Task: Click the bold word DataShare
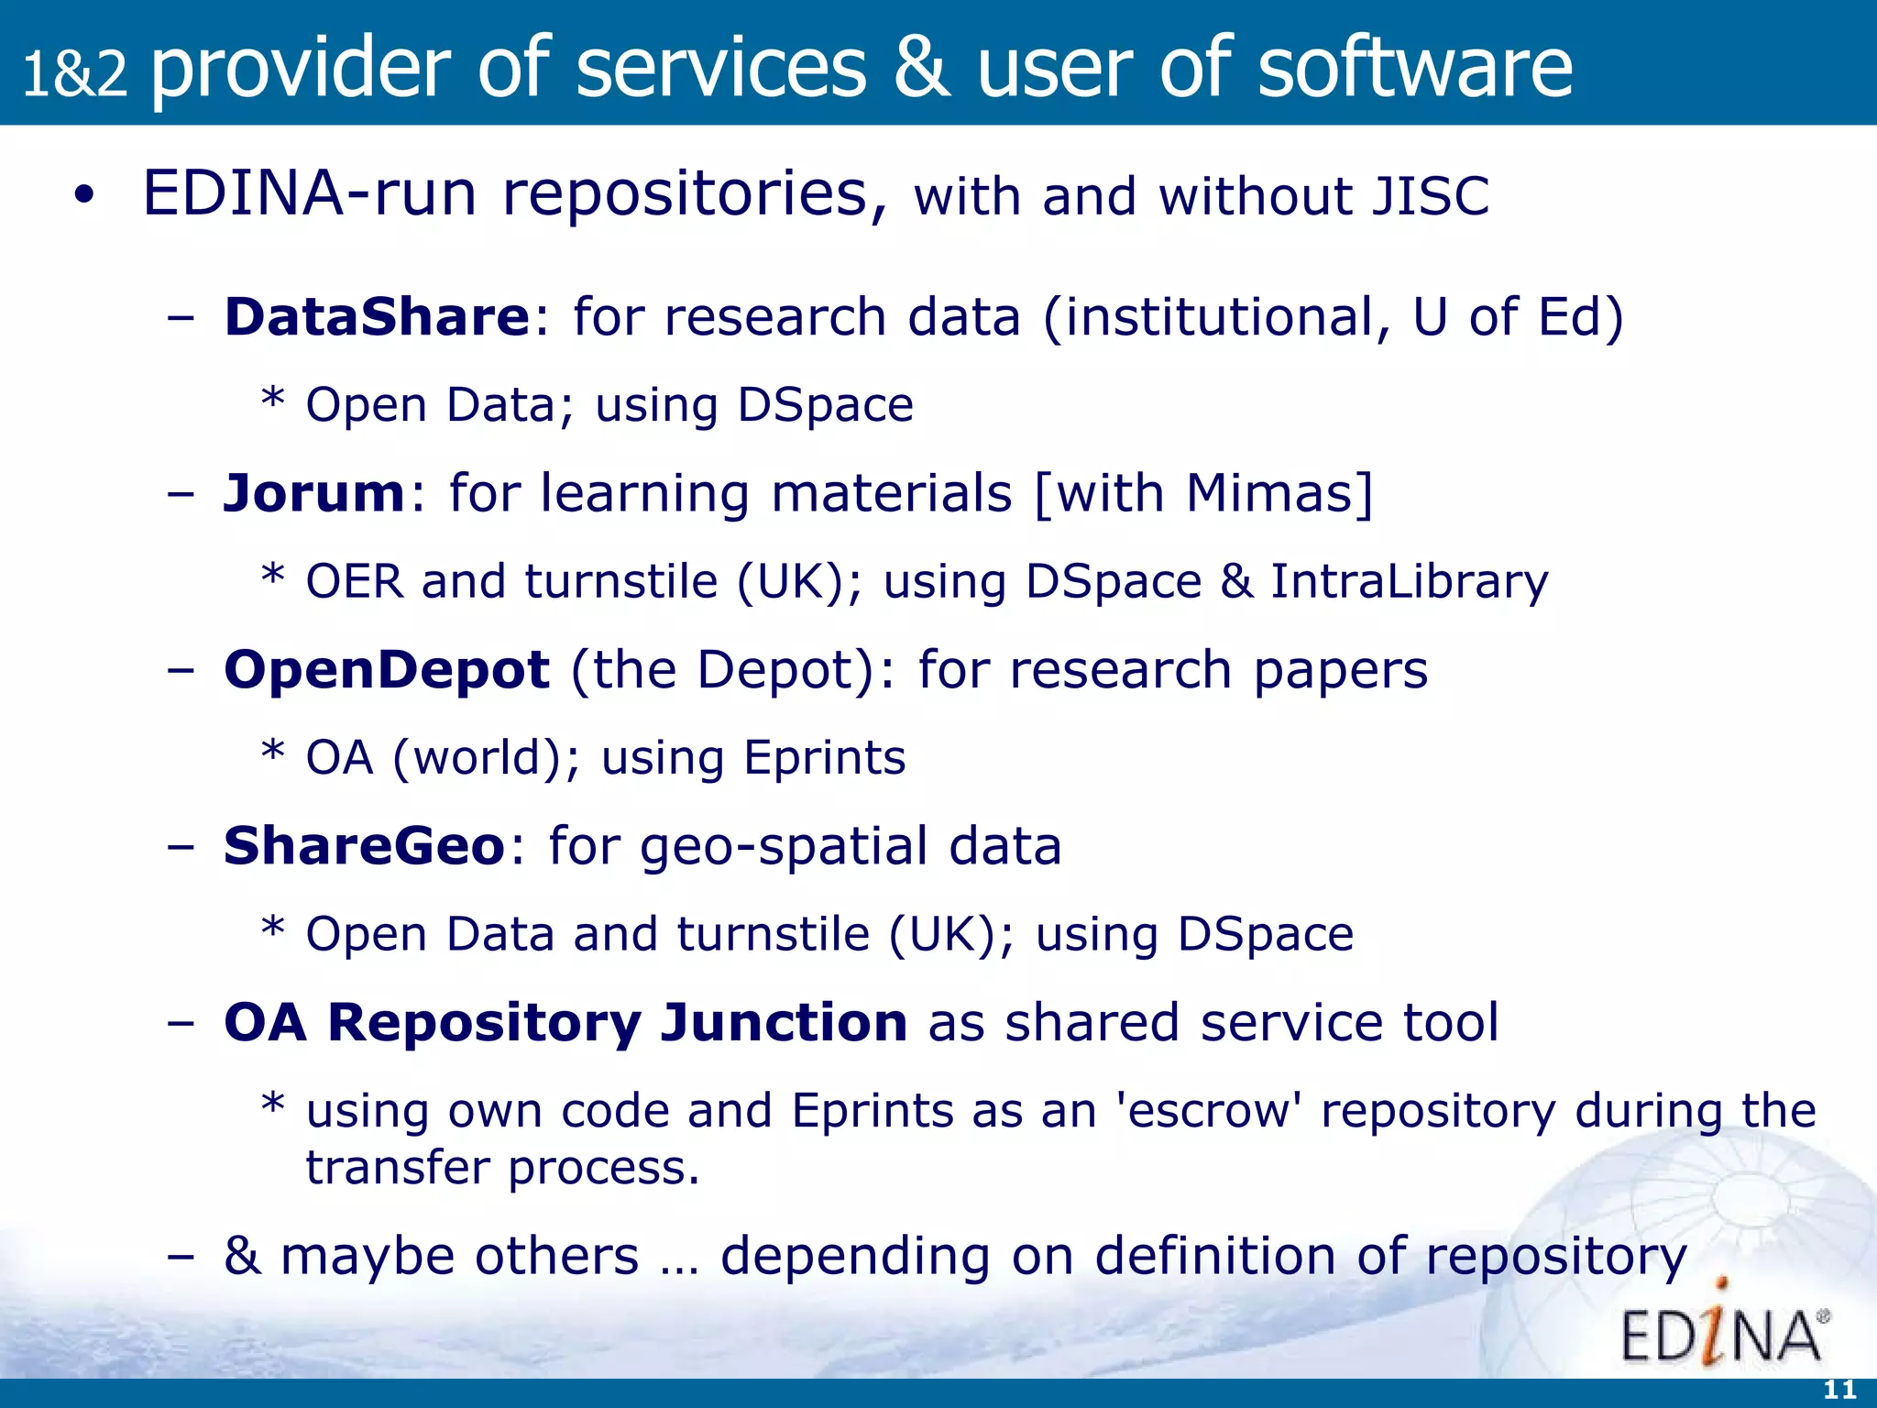pyautogui.click(x=377, y=317)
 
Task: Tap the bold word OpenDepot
pyautogui.click(x=386, y=670)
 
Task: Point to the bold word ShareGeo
pyautogui.click(x=364, y=846)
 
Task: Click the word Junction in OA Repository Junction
pyautogui.click(x=784, y=1022)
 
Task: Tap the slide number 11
pyautogui.click(x=1839, y=1390)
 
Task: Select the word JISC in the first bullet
pyautogui.click(x=1430, y=197)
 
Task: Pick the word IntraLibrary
pyautogui.click(x=1409, y=582)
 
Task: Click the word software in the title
pyautogui.click(x=1414, y=68)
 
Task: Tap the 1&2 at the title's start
pyautogui.click(x=74, y=73)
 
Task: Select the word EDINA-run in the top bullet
pyautogui.click(x=310, y=194)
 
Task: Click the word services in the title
pyautogui.click(x=720, y=68)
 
